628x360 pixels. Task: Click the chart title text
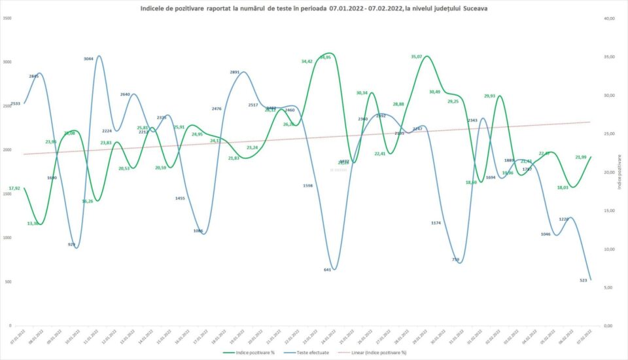click(314, 8)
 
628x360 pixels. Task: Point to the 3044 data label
click(89, 59)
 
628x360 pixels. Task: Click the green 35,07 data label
click(417, 56)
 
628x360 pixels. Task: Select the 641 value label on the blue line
click(328, 270)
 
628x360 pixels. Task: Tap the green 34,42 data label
click(307, 61)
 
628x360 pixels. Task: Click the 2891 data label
click(235, 72)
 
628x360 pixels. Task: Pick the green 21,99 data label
click(580, 157)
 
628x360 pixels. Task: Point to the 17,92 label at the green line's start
click(14, 189)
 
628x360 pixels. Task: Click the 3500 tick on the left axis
click(7, 18)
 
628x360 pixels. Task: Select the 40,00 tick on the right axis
click(609, 18)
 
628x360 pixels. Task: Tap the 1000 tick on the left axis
click(7, 238)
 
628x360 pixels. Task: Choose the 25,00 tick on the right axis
click(609, 134)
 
